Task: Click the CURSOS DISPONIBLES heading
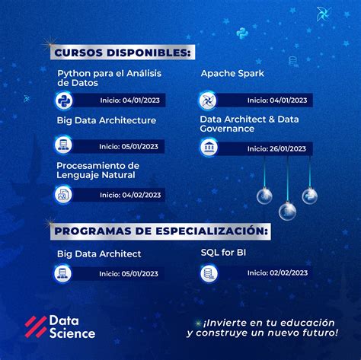click(x=123, y=52)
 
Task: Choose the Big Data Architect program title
click(x=99, y=253)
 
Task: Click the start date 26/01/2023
click(x=277, y=148)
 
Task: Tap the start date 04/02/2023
click(x=129, y=194)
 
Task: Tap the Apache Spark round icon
click(x=208, y=100)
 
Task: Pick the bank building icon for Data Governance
click(x=208, y=148)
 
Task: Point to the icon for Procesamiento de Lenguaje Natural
click(x=62, y=194)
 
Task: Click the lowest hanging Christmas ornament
click(x=287, y=210)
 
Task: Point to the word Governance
click(x=227, y=129)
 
